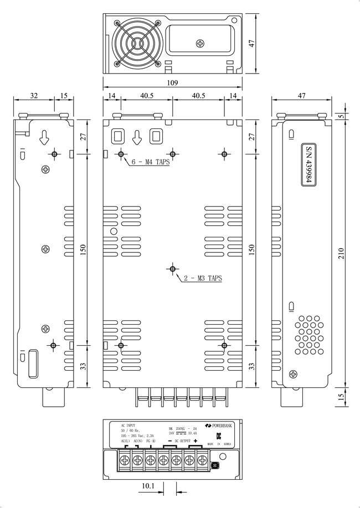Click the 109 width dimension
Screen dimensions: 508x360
[x=172, y=83]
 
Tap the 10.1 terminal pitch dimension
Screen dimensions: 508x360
[x=148, y=486]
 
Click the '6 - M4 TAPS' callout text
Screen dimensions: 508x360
[x=150, y=163]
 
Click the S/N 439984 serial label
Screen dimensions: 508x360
[x=310, y=166]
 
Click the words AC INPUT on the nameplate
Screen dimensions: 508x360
[x=128, y=426]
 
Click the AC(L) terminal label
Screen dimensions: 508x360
[x=125, y=440]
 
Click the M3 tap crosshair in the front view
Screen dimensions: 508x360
[x=173, y=269]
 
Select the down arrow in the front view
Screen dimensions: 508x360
[x=138, y=136]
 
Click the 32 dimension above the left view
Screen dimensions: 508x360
[x=34, y=96]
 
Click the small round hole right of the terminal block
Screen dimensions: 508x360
[x=223, y=457]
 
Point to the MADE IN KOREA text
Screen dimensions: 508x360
[x=219, y=444]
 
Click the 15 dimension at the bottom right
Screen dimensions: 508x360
[x=342, y=396]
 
